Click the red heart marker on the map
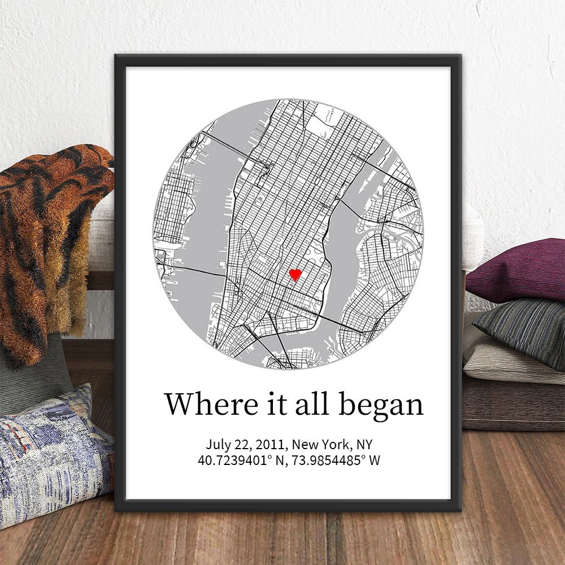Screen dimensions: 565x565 point(294,275)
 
